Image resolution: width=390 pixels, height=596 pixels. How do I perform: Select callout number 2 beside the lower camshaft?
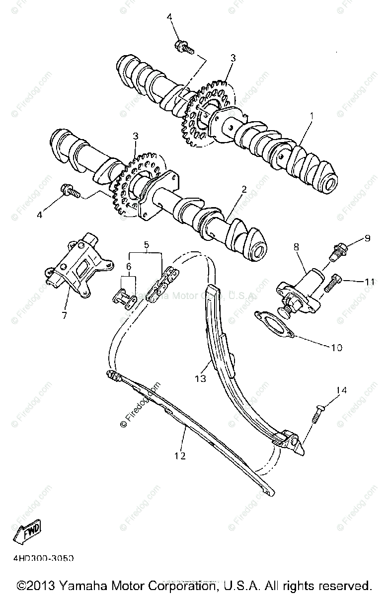(x=243, y=190)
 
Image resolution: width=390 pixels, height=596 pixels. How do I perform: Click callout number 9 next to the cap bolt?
(x=367, y=238)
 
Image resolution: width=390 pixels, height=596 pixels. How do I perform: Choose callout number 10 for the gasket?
(x=336, y=347)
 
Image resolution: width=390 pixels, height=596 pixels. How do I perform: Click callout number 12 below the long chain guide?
(x=180, y=455)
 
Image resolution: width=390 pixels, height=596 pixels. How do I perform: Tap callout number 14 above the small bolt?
(x=356, y=390)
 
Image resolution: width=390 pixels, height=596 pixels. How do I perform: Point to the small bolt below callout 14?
(x=317, y=413)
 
